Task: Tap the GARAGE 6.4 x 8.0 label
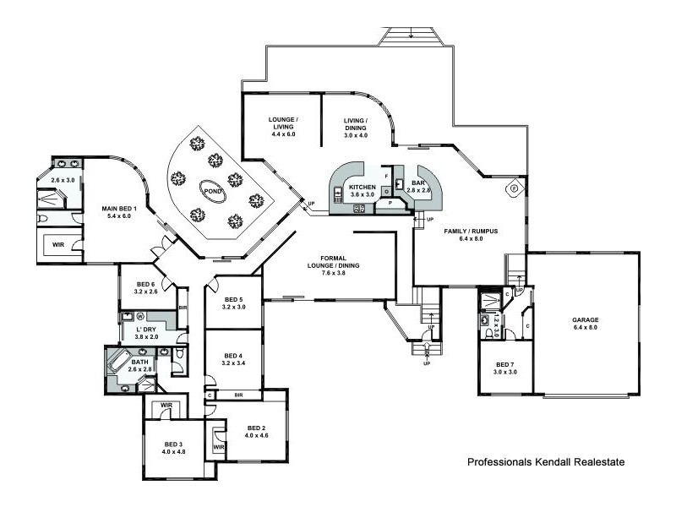click(x=584, y=324)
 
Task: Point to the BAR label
click(x=418, y=186)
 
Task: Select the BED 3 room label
click(x=172, y=448)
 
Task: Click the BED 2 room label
click(x=256, y=431)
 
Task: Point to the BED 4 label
click(x=233, y=359)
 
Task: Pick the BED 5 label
click(x=233, y=303)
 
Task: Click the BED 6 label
click(x=145, y=288)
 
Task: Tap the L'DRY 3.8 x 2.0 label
click(x=146, y=332)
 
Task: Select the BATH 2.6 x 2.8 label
click(x=139, y=366)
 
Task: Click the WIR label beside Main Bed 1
click(x=59, y=245)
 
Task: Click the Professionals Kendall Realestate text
click(x=545, y=463)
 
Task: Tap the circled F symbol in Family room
click(x=511, y=188)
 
